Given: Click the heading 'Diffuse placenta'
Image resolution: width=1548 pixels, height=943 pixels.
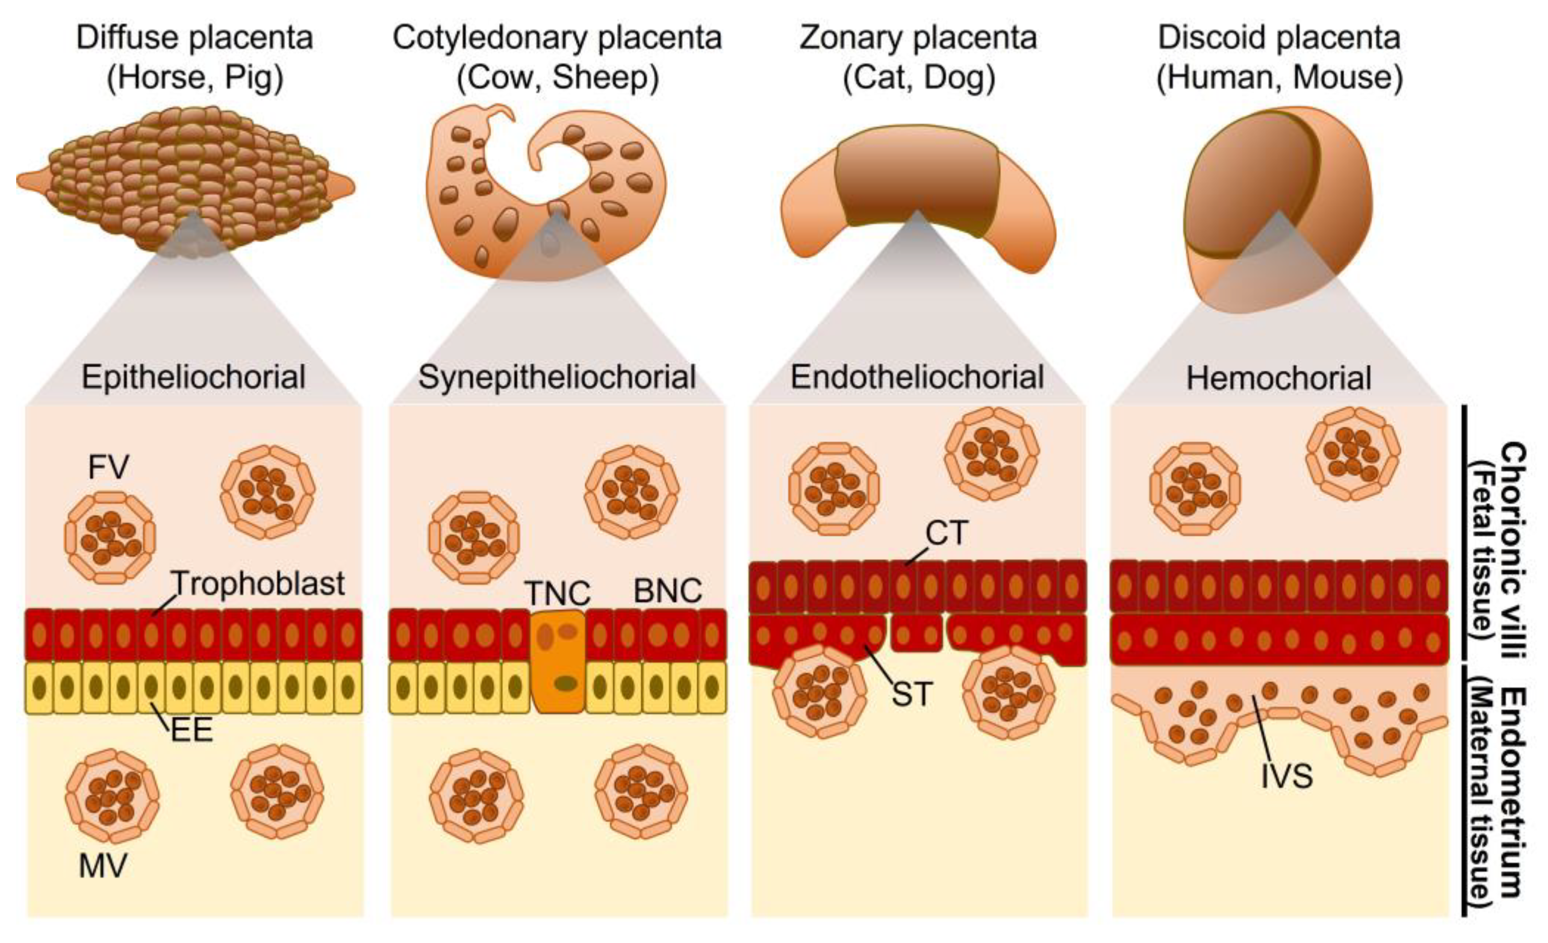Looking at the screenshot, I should pos(195,38).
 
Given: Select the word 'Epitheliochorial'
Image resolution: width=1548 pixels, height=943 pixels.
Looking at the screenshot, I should pos(193,377).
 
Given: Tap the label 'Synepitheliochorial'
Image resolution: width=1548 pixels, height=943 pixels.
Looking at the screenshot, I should pos(557,377).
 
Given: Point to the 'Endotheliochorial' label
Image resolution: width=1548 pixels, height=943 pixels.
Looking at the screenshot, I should pos(917,377).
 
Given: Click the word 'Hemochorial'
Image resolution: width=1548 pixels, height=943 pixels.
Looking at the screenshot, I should pos(1279,379).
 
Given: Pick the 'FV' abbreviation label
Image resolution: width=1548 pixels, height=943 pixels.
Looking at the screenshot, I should pos(108,467).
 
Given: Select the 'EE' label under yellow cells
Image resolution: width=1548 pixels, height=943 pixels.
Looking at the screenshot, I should pos(191,730).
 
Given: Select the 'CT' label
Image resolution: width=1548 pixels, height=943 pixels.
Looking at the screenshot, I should pos(947,533).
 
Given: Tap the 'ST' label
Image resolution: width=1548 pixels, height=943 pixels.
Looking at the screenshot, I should pos(911,694).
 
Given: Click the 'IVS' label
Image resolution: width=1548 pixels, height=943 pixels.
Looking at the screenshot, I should pos(1287,776).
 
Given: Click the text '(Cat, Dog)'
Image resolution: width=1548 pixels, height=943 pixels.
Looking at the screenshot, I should pos(918,78).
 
